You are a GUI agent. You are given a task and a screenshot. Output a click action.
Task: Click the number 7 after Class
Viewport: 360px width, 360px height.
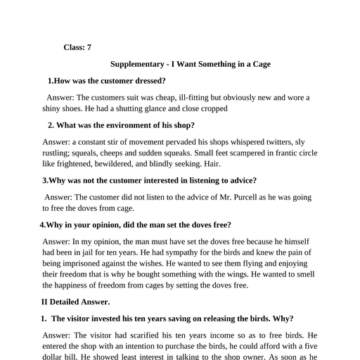(88, 47)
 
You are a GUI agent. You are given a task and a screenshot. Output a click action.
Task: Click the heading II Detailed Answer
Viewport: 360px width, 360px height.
(76, 302)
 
